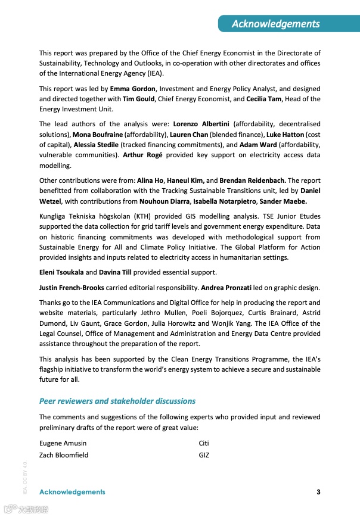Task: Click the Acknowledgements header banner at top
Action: point(275,24)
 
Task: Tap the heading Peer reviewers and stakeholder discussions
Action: point(117,401)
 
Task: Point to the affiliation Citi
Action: point(204,443)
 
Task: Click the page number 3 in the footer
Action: point(318,492)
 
